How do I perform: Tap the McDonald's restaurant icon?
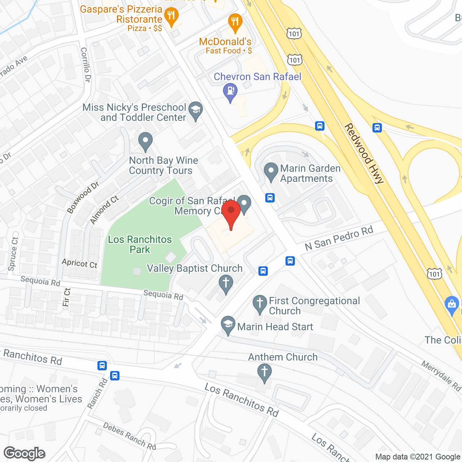(235, 22)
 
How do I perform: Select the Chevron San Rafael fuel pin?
(230, 92)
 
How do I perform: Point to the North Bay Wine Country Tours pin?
(145, 141)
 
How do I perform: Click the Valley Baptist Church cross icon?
(226, 284)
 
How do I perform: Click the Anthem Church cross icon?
(265, 372)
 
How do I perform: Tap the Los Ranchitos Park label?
(140, 244)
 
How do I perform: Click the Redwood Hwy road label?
(364, 154)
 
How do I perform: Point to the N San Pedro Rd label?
(339, 239)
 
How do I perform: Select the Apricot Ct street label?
(79, 263)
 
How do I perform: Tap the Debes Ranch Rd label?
(130, 436)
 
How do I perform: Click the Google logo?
(25, 453)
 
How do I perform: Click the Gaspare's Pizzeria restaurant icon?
(171, 16)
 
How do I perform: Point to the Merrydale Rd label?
(441, 376)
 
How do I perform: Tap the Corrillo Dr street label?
(86, 65)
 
